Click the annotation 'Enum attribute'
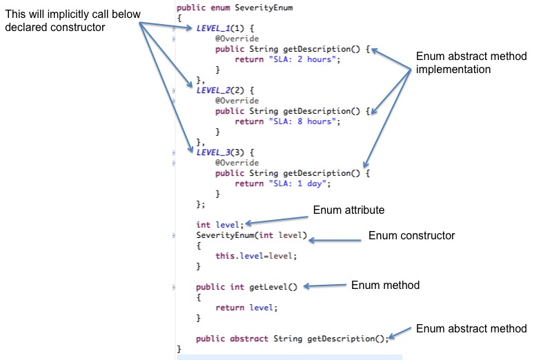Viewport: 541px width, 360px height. point(348,210)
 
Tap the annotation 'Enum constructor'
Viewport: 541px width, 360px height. point(411,236)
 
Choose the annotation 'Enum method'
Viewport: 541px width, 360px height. point(385,285)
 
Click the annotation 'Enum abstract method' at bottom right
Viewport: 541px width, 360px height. point(471,329)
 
